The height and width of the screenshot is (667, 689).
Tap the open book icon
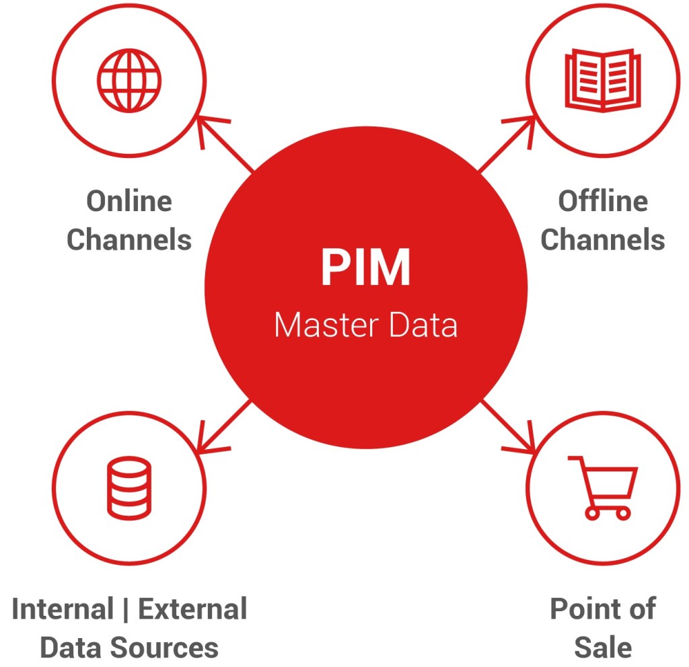603,79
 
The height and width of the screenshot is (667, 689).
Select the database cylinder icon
129,487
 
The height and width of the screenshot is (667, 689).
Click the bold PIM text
365,268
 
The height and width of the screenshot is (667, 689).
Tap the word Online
129,201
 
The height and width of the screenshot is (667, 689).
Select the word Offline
603,201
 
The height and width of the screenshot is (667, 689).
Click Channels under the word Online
129,239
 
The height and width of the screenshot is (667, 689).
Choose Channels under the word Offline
603,239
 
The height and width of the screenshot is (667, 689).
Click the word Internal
63,609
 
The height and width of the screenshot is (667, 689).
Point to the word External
192,609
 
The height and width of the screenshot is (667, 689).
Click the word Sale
603,648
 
